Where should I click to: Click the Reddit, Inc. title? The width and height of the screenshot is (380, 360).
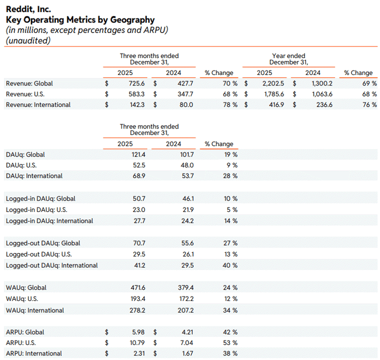(28, 9)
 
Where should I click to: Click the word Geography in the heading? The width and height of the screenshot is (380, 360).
(132, 20)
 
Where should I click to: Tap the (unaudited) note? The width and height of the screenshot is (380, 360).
(28, 40)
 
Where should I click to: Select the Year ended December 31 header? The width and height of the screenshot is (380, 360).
(289, 59)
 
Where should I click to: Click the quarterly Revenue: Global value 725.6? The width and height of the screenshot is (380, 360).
(137, 83)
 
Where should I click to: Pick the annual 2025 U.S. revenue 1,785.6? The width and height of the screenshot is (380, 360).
(274, 94)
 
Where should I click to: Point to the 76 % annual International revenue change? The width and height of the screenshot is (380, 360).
(370, 105)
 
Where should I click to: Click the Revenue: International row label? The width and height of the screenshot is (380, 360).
(38, 105)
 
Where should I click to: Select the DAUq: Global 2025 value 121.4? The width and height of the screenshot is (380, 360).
(138, 155)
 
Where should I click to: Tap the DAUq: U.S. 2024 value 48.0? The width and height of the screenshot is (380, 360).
(187, 165)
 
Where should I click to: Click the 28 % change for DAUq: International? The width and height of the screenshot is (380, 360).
(230, 176)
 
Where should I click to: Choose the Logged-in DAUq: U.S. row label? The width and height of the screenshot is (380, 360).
(36, 210)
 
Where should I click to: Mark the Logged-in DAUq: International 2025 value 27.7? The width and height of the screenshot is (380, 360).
(139, 221)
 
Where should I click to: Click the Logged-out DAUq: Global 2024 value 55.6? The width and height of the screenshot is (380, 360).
(188, 243)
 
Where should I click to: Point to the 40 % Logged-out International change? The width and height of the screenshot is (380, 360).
(230, 265)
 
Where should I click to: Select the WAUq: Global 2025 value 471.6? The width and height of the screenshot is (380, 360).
(138, 287)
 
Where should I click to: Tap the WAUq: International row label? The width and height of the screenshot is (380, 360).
(35, 310)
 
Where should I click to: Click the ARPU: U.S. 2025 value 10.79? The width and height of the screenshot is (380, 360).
(137, 343)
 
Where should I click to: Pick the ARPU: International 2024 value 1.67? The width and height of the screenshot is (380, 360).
(188, 353)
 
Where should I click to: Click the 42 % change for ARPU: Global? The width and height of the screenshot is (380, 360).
(230, 332)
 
